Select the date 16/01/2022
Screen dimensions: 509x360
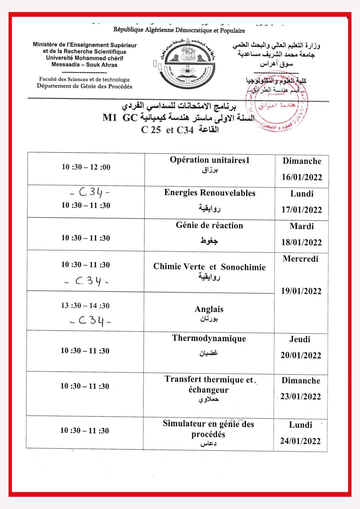[302, 177]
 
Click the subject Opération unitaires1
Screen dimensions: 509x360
[210, 160]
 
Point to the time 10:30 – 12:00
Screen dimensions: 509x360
[86, 167]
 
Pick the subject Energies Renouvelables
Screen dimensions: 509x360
[210, 193]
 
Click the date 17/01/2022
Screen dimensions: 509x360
[302, 210]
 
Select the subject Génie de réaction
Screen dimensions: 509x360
[209, 226]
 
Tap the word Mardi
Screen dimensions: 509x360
[302, 227]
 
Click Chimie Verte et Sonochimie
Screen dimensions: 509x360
[209, 267]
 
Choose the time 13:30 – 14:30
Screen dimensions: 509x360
[85, 305]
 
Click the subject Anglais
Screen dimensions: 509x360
[209, 309]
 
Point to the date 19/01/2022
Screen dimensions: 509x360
[301, 291]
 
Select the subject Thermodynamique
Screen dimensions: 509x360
[209, 338]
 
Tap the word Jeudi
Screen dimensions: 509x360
[300, 339]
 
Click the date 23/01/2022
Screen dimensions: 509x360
[301, 396]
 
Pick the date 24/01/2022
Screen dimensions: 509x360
[300, 441]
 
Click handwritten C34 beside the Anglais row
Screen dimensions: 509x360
[90, 321]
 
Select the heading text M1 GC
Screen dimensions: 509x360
[120, 118]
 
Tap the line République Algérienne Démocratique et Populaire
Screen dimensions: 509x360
[179, 30]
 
